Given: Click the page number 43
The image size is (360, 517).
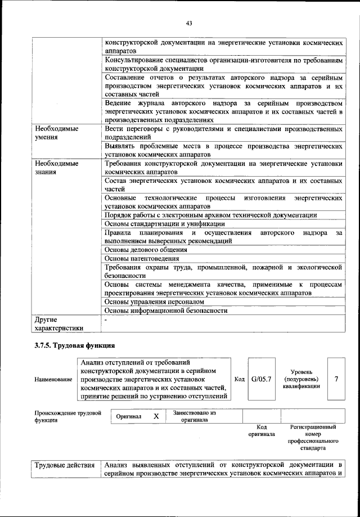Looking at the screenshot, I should point(189,23).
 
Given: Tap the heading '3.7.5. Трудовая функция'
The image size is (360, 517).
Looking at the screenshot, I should point(74,345).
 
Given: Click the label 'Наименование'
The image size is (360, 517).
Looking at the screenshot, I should point(53,379).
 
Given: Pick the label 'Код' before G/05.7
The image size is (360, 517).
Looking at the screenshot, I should point(239,379).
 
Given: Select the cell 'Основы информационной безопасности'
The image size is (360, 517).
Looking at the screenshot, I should point(166,311).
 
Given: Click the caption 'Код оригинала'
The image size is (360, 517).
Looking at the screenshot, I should point(261,431).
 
